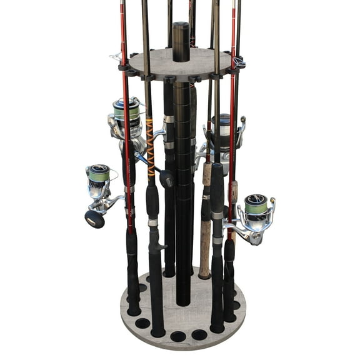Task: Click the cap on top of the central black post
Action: tap(181, 27)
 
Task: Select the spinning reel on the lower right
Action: tap(252, 212)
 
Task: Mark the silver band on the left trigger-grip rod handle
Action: tap(153, 222)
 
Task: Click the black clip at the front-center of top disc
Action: tap(172, 79)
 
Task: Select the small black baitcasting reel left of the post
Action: tap(166, 180)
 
